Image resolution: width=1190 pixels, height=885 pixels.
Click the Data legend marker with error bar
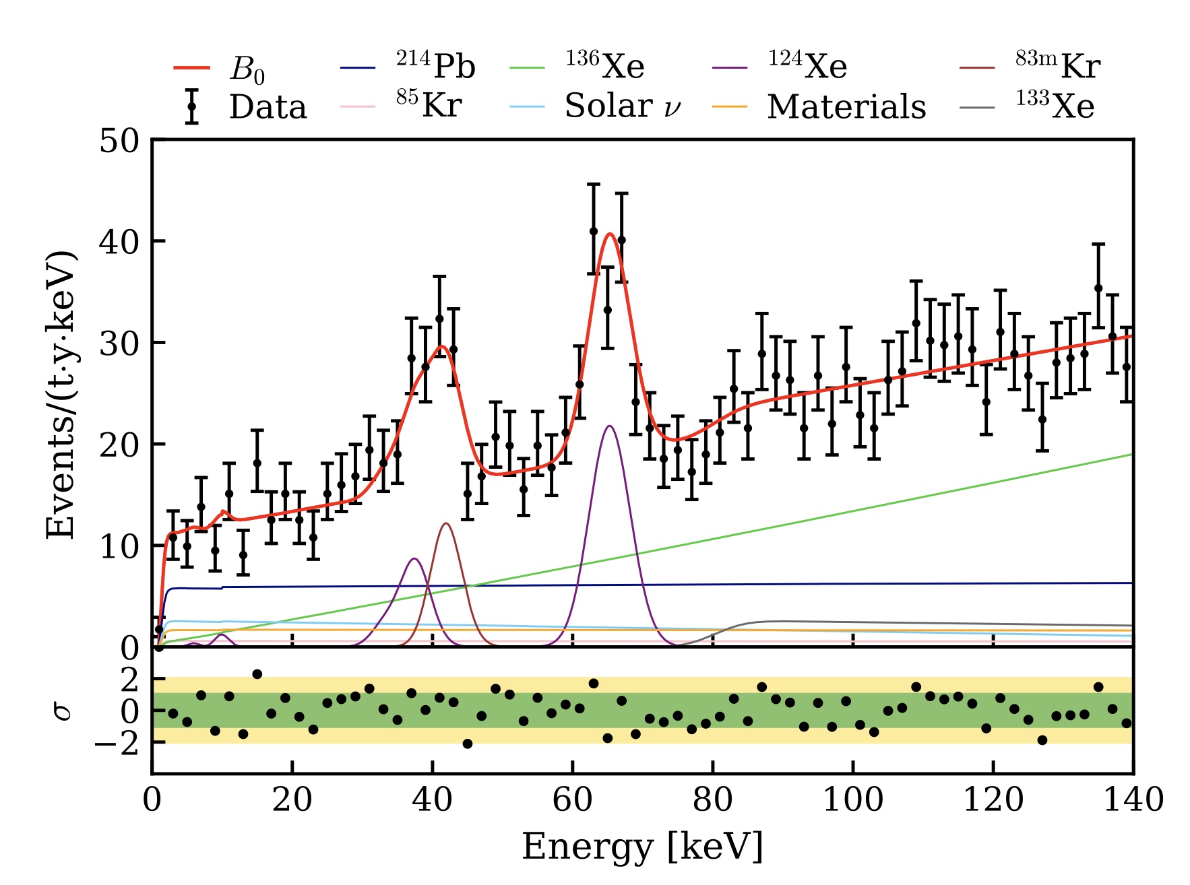click(192, 106)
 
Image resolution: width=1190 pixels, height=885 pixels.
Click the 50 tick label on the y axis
click(119, 141)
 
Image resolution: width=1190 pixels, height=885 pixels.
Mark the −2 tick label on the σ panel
click(116, 744)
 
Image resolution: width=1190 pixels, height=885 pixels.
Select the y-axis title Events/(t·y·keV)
click(60, 395)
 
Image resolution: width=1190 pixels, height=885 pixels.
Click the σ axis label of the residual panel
click(63, 710)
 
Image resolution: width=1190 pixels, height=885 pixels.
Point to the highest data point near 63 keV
click(594, 231)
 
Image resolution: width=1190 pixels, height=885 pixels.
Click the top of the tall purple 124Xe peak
click(610, 426)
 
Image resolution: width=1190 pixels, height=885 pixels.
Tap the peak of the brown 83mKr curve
click(446, 523)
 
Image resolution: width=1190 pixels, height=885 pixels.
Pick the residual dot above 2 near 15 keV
click(257, 674)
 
